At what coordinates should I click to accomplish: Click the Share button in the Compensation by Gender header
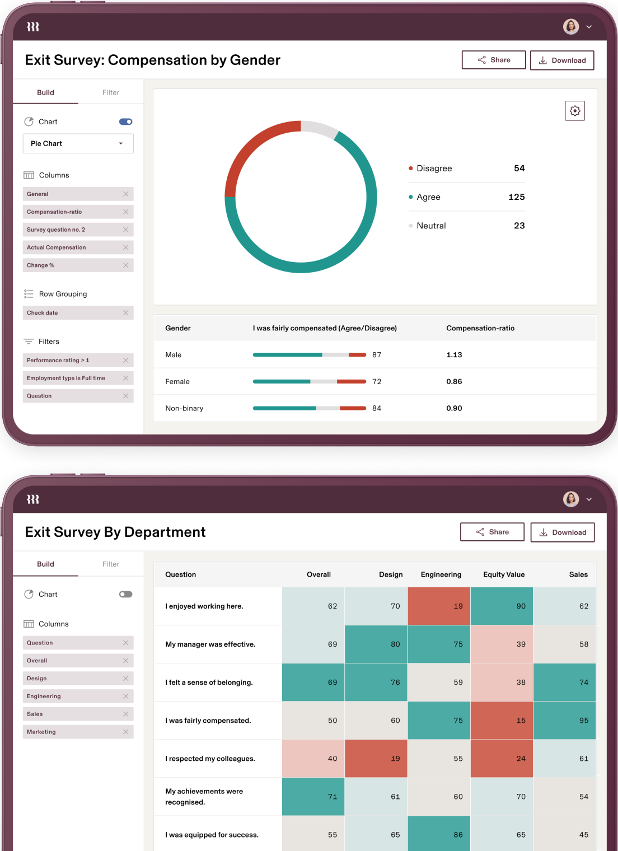click(493, 60)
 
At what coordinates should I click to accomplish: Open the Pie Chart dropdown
click(78, 143)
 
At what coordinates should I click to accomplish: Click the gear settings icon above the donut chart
click(574, 111)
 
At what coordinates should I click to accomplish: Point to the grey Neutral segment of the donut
click(320, 128)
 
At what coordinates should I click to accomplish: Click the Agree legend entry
click(428, 197)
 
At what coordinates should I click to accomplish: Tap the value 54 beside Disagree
click(519, 169)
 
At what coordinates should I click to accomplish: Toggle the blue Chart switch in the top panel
click(125, 122)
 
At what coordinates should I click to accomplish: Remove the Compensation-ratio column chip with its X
click(125, 212)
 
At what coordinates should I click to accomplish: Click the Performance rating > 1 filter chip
click(58, 361)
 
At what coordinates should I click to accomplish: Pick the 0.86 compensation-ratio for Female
click(454, 382)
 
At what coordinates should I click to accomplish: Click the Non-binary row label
click(184, 409)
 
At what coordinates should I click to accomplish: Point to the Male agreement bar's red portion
click(357, 355)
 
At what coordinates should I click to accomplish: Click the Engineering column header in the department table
click(441, 574)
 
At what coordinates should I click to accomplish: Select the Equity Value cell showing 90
click(502, 606)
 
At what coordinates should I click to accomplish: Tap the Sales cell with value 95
click(564, 721)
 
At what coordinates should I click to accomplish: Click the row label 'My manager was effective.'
click(210, 644)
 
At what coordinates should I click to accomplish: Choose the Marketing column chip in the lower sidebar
click(41, 732)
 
